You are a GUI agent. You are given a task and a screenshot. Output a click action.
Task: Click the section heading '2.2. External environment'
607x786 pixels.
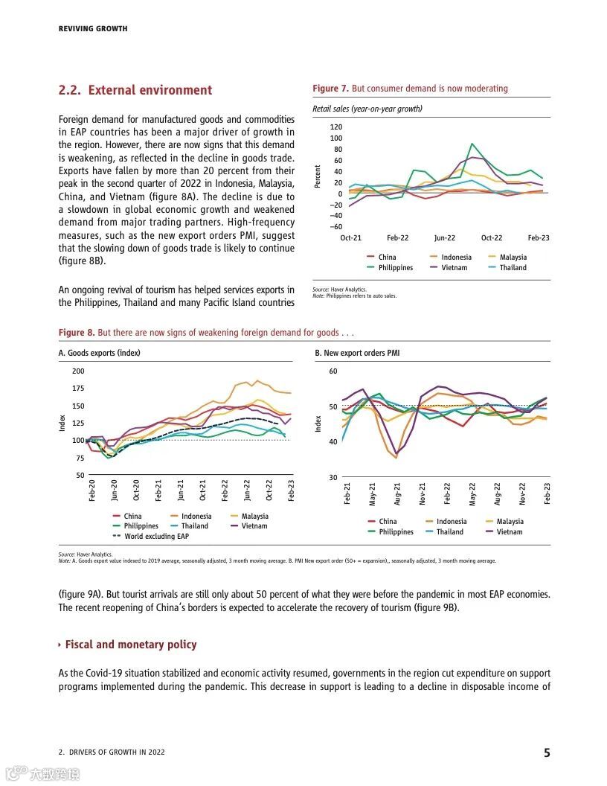point(135,91)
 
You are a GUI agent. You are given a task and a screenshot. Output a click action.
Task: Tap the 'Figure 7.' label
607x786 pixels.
point(330,89)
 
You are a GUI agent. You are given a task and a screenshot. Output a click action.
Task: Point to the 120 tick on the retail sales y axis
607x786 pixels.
point(336,127)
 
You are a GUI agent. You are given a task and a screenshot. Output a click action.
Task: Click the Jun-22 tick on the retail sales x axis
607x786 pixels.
point(445,238)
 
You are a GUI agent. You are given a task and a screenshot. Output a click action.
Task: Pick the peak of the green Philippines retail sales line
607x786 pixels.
point(472,144)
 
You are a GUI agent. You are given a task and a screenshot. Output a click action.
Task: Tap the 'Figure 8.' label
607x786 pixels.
point(77,333)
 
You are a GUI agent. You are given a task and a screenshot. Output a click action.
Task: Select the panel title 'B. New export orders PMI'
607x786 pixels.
point(357,353)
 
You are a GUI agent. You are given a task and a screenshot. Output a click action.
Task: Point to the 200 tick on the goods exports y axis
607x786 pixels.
point(78,371)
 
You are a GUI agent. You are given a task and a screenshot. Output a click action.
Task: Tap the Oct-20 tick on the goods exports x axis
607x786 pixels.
point(136,489)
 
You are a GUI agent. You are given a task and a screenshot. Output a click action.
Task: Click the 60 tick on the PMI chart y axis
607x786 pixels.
point(333,371)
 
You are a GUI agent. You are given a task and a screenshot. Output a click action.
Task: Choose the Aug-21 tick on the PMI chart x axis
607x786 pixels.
point(397,493)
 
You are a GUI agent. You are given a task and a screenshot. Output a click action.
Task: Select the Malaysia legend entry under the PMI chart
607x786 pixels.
point(510,522)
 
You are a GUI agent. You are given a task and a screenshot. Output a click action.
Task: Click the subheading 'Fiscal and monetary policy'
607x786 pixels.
point(131,645)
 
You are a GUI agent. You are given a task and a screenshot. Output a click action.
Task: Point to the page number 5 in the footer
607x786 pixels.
point(547,753)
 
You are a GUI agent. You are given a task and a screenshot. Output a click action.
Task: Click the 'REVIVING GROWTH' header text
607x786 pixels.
point(93,29)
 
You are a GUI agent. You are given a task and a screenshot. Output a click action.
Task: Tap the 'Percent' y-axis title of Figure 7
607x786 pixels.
point(318,176)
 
